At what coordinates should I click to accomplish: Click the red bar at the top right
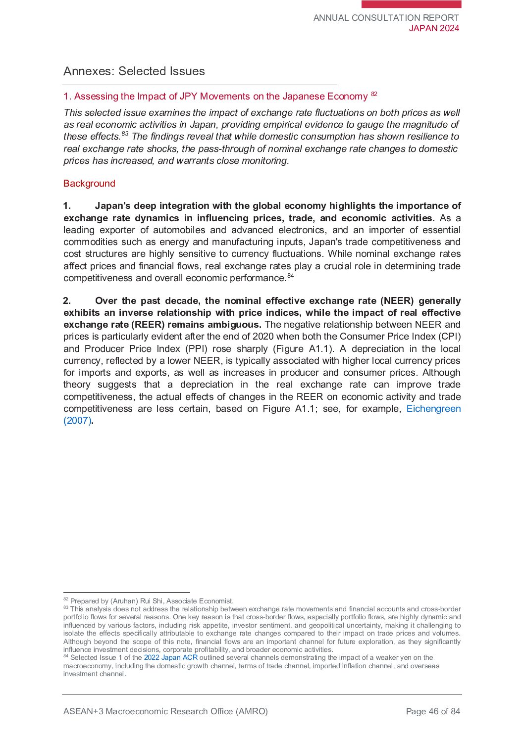click(x=411, y=4)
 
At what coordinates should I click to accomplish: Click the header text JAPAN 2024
click(x=434, y=28)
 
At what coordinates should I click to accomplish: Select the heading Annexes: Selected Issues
click(x=134, y=71)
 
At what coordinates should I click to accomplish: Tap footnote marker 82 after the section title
click(x=374, y=94)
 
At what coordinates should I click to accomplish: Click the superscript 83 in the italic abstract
click(x=125, y=134)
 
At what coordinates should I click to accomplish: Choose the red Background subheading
click(x=89, y=184)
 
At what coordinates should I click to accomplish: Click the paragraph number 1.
click(x=67, y=206)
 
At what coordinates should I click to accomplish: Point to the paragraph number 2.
click(x=67, y=301)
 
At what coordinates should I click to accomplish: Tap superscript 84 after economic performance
click(x=291, y=276)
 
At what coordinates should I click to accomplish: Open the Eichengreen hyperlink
click(x=433, y=409)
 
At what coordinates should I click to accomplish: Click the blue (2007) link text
click(x=77, y=421)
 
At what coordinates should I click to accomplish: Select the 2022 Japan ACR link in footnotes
click(x=170, y=658)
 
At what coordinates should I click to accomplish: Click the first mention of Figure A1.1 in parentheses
click(x=304, y=349)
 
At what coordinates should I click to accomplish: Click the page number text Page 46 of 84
click(x=433, y=712)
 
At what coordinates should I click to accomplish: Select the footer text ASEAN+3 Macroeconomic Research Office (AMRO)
click(x=165, y=712)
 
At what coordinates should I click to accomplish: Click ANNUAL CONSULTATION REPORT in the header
click(x=386, y=18)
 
